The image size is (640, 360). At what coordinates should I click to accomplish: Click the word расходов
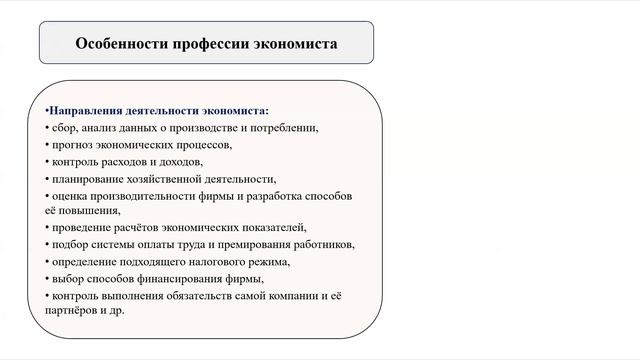pos(134,161)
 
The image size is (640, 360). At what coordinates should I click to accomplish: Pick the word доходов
pos(182,161)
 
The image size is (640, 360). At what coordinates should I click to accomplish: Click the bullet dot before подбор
pos(47,244)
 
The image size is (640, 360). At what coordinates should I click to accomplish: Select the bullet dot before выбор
pos(47,278)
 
